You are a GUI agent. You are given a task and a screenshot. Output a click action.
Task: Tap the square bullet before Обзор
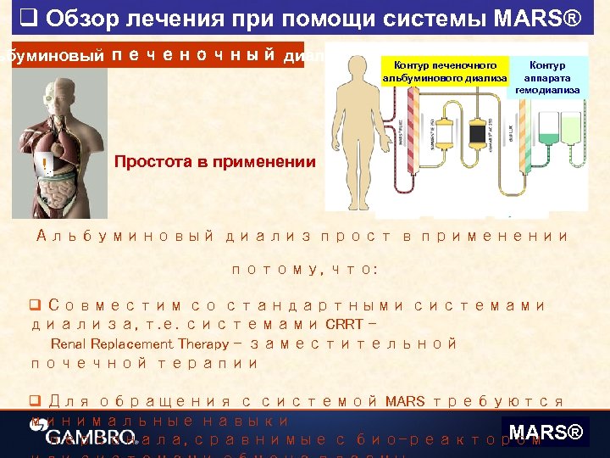(26, 17)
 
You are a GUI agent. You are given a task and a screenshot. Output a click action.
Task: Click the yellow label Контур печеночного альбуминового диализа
(446, 72)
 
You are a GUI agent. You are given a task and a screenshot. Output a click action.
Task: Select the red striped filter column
(413, 127)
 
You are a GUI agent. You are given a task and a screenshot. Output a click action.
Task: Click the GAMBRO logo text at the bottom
(79, 437)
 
